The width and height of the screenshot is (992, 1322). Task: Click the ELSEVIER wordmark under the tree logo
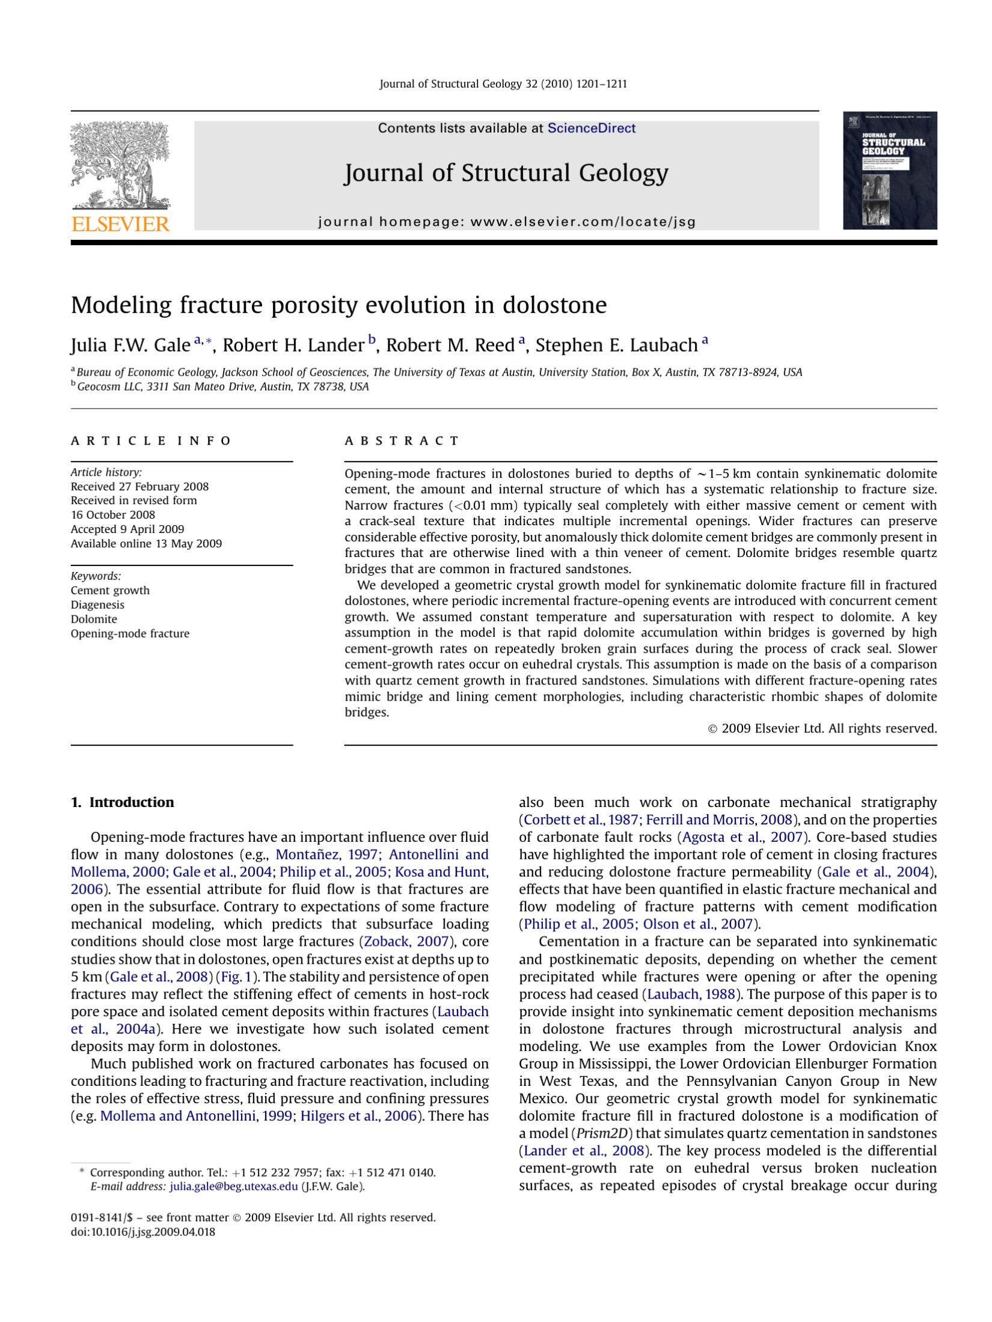tap(121, 224)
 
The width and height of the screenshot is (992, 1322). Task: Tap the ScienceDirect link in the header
tap(591, 128)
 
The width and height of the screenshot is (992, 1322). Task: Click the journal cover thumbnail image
tap(889, 170)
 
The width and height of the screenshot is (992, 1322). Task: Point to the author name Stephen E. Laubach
tap(616, 346)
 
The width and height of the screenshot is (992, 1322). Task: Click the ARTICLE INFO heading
tap(151, 441)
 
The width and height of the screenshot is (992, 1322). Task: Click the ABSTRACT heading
tap(402, 441)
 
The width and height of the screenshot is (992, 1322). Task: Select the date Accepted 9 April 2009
tap(127, 529)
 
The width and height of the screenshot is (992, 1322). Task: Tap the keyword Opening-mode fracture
tap(130, 633)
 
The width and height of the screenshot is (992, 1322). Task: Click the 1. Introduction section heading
tap(122, 802)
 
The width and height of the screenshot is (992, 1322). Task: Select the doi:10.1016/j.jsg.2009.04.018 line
tap(142, 1232)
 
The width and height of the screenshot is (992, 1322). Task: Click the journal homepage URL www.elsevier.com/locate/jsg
tap(583, 222)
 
